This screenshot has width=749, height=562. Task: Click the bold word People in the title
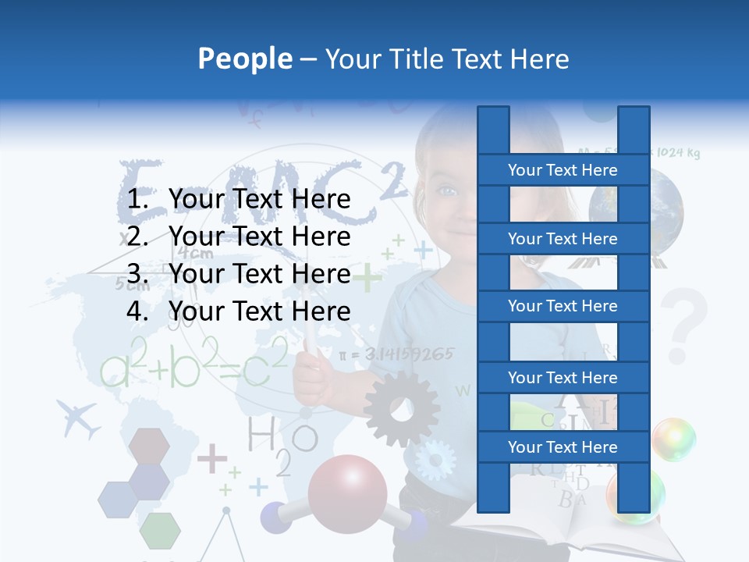[245, 59]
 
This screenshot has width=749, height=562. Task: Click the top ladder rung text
[563, 170]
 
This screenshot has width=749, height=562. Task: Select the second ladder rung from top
[563, 239]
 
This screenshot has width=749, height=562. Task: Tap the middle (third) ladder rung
[563, 306]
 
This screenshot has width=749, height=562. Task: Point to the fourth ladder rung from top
[563, 378]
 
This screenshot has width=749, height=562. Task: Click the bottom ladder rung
[563, 447]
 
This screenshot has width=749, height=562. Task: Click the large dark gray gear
[402, 408]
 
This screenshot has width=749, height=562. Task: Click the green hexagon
[160, 530]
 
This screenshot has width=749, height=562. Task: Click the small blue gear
[434, 460]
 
